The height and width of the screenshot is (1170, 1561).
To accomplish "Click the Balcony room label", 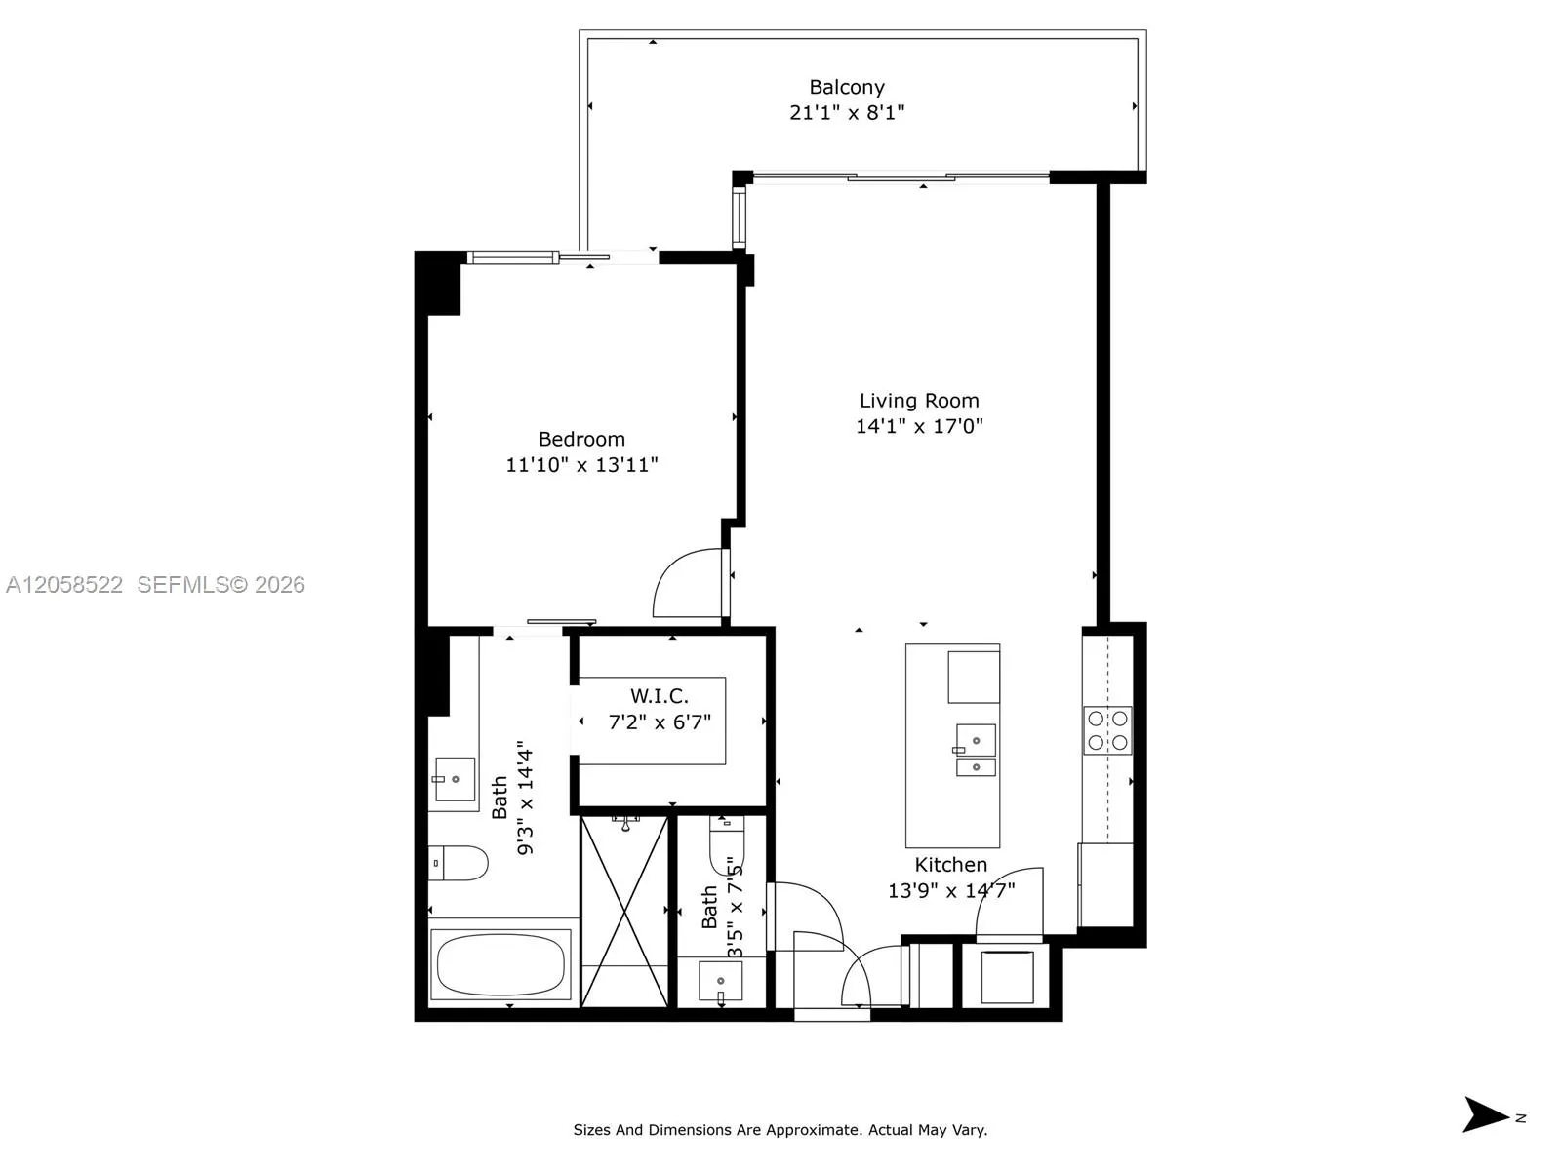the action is [x=846, y=88].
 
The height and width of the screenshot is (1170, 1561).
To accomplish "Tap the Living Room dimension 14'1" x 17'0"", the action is [x=919, y=426].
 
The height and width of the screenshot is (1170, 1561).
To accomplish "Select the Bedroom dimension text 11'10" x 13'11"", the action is [x=581, y=465].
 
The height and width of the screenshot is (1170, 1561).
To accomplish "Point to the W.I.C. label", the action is [x=660, y=695].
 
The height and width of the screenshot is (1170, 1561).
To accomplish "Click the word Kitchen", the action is [x=951, y=865].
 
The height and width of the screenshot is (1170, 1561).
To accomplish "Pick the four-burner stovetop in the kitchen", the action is [x=1107, y=730].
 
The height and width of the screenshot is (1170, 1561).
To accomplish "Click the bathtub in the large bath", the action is [x=500, y=964].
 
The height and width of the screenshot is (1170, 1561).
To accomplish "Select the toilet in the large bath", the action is [x=458, y=863].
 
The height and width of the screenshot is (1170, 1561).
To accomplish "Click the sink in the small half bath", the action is [x=720, y=981].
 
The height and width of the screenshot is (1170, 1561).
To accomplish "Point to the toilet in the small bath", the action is [x=727, y=844].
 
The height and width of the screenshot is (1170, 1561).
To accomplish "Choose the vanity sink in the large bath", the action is [x=455, y=779].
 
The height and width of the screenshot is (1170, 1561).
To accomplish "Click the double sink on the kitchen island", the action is [x=976, y=750].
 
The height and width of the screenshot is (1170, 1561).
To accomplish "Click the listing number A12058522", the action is [x=64, y=585].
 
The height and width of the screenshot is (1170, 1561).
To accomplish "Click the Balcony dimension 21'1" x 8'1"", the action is [x=846, y=112].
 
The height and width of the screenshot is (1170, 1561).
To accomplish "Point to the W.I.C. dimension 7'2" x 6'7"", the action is [x=660, y=722].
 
